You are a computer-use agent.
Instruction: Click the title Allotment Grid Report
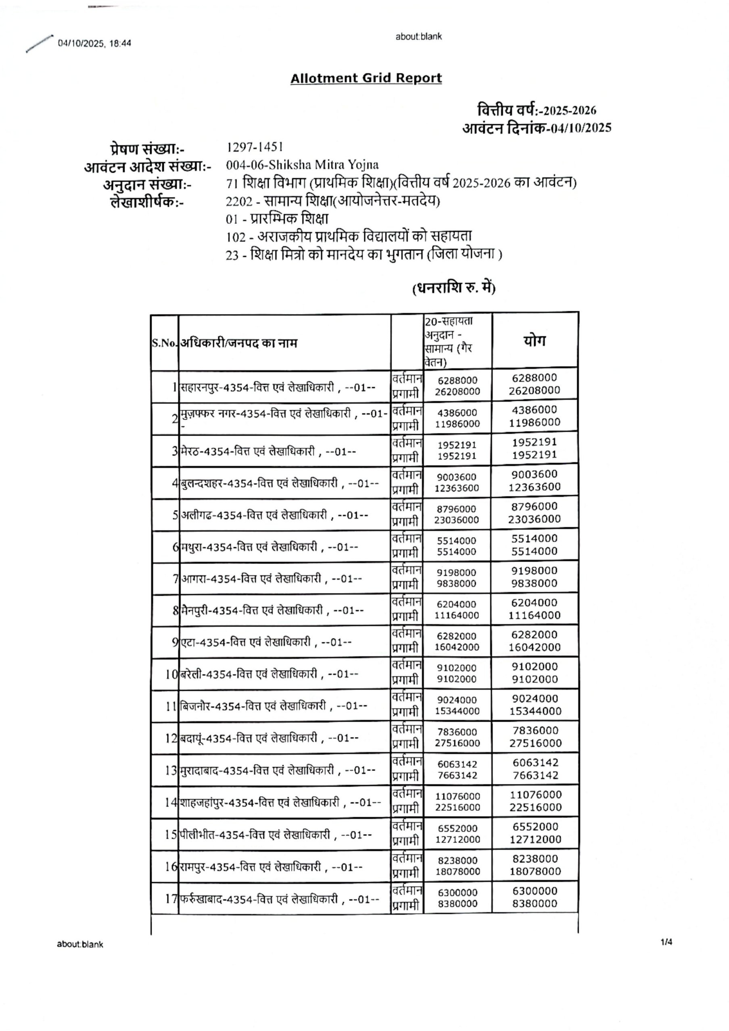coord(366,78)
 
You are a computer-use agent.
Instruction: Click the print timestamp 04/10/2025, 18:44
coord(94,44)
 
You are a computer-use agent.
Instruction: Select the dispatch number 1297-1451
coord(255,147)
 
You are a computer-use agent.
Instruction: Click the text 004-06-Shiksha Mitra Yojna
coord(302,165)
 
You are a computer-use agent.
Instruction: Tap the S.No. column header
coord(164,344)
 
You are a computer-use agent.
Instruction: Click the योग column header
coord(535,341)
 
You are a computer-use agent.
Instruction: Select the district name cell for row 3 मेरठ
coord(268,451)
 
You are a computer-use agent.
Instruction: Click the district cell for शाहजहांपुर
coord(281,802)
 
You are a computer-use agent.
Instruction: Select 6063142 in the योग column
coord(535,762)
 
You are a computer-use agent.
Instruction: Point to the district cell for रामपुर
coord(271,866)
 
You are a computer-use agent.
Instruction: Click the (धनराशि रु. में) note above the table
coord(454,288)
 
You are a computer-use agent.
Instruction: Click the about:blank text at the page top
coord(418,37)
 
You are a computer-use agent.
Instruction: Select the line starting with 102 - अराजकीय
coord(349,237)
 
